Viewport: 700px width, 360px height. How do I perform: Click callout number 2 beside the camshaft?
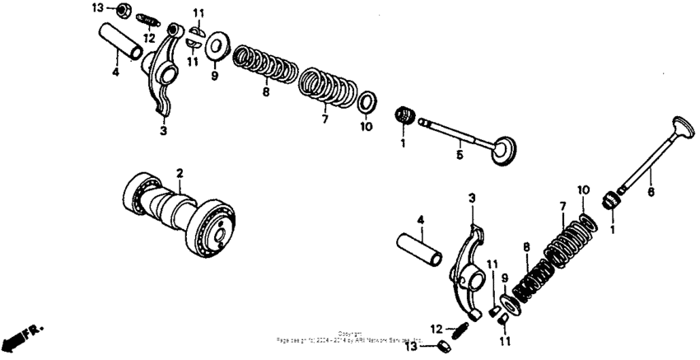coord(178,172)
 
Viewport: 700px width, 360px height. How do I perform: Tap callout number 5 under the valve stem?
coord(460,153)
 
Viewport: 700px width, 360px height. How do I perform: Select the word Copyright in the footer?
coord(350,334)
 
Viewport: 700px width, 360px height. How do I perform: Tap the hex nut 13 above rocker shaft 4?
coord(120,11)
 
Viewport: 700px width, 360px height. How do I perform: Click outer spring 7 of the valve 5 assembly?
coord(327,86)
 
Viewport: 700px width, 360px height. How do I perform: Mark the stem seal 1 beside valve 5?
coord(404,115)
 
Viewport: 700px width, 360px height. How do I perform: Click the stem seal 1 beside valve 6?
coord(612,199)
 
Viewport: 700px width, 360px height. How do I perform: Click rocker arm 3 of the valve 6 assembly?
coord(466,264)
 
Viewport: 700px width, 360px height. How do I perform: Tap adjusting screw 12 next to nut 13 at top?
coord(148,20)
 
